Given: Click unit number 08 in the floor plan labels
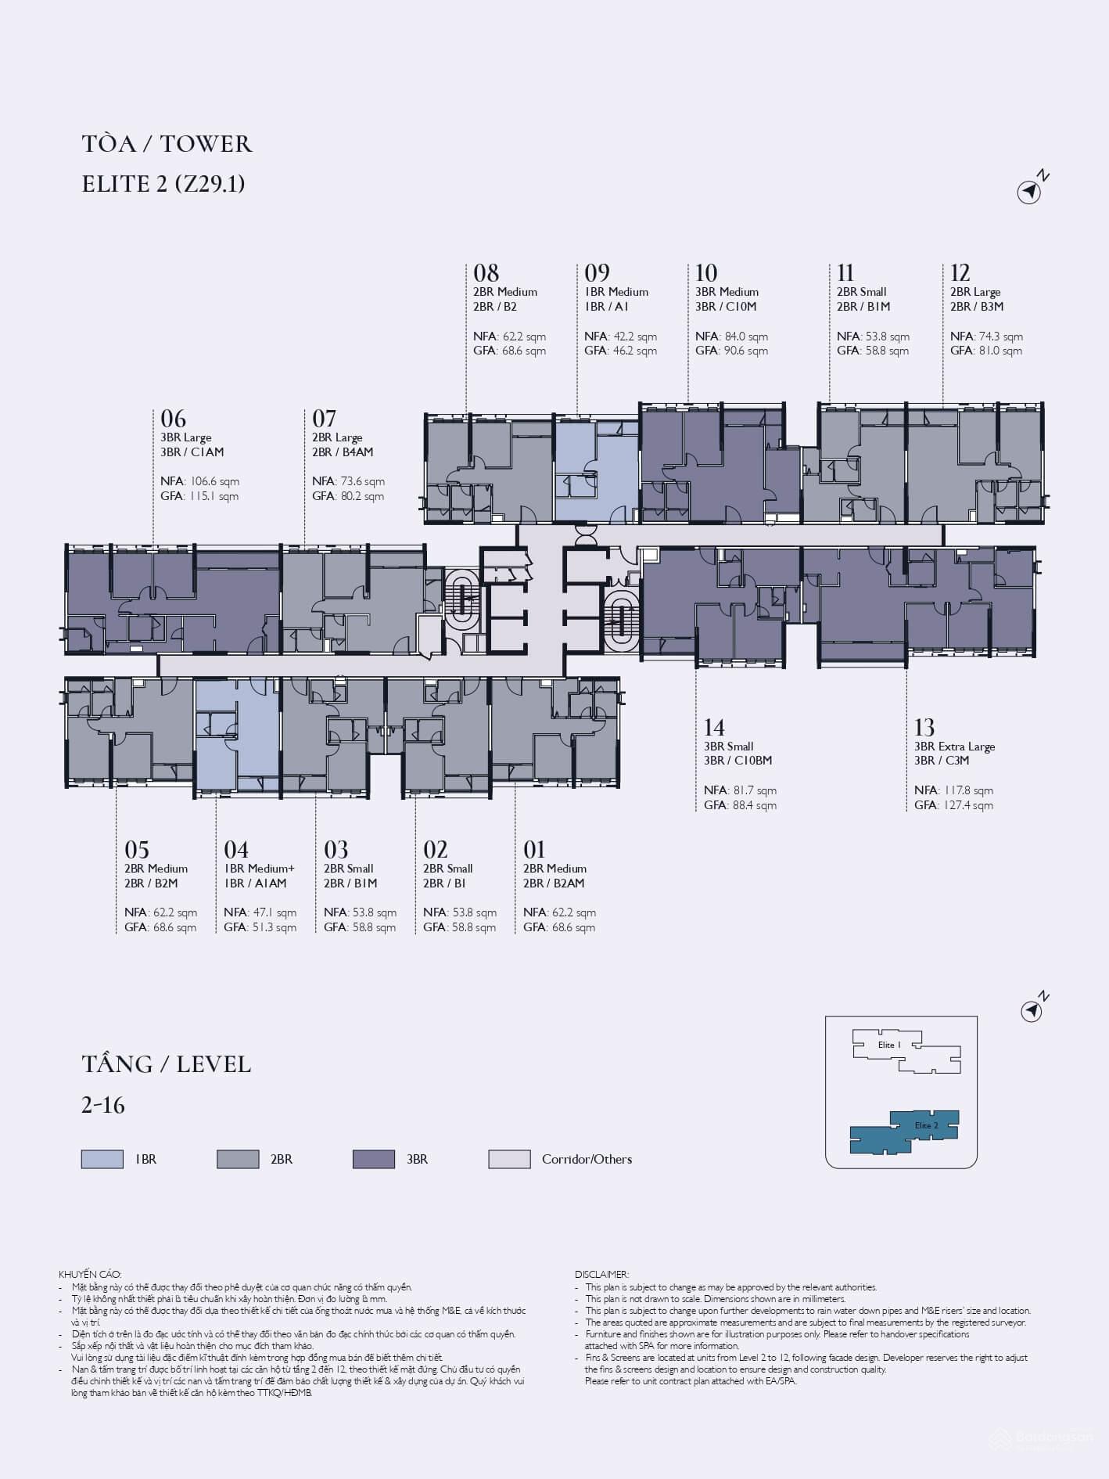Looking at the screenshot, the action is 486,273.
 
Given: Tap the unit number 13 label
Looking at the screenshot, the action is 924,728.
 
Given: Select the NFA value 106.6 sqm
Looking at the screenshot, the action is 214,482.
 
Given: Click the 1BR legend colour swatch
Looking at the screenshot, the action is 102,1159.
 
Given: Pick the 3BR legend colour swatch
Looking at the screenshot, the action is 374,1159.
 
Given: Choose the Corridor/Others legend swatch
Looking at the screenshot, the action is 509,1159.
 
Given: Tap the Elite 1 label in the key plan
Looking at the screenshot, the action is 889,1045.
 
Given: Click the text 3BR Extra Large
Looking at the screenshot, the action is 954,747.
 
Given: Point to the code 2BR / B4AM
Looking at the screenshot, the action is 343,452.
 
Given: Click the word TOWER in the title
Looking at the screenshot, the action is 206,144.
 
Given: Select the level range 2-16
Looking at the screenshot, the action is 103,1105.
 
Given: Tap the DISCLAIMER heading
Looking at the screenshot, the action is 601,1275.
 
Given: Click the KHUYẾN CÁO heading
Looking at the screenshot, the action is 90,1275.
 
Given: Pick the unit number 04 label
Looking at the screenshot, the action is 236,850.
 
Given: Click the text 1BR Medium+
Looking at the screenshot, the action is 260,869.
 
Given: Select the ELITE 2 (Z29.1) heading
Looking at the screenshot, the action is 163,184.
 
